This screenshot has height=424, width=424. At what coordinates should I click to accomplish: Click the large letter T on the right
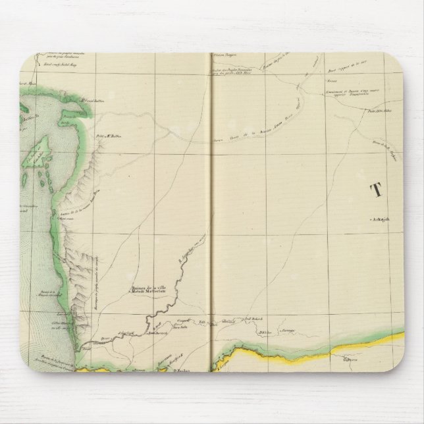(x=378, y=191)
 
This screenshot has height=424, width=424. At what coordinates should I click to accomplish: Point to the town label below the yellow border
(x=350, y=361)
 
